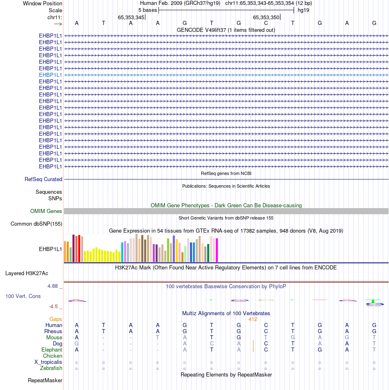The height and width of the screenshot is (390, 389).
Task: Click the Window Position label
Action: pos(43,3)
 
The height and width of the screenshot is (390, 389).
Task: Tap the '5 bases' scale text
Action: pos(147,10)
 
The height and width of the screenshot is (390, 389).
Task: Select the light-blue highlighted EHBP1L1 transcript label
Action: pos(50,75)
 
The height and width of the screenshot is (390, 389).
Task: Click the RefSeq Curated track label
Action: pos(43,179)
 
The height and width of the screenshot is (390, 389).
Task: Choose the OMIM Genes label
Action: pos(46,211)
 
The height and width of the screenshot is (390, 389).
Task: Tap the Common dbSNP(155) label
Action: pos(36,224)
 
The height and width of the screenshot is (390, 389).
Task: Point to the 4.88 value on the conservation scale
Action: pos(54,286)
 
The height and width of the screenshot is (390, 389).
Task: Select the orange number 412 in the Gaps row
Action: pos(253,319)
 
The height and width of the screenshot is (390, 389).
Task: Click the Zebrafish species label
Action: pos(51,368)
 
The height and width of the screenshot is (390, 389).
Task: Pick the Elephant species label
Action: pos(52,350)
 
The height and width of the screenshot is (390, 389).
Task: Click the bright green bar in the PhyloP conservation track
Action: pos(373,301)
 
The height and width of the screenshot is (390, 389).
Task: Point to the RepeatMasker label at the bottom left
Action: pos(45,381)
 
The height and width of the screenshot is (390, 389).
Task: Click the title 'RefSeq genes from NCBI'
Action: pos(226,173)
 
